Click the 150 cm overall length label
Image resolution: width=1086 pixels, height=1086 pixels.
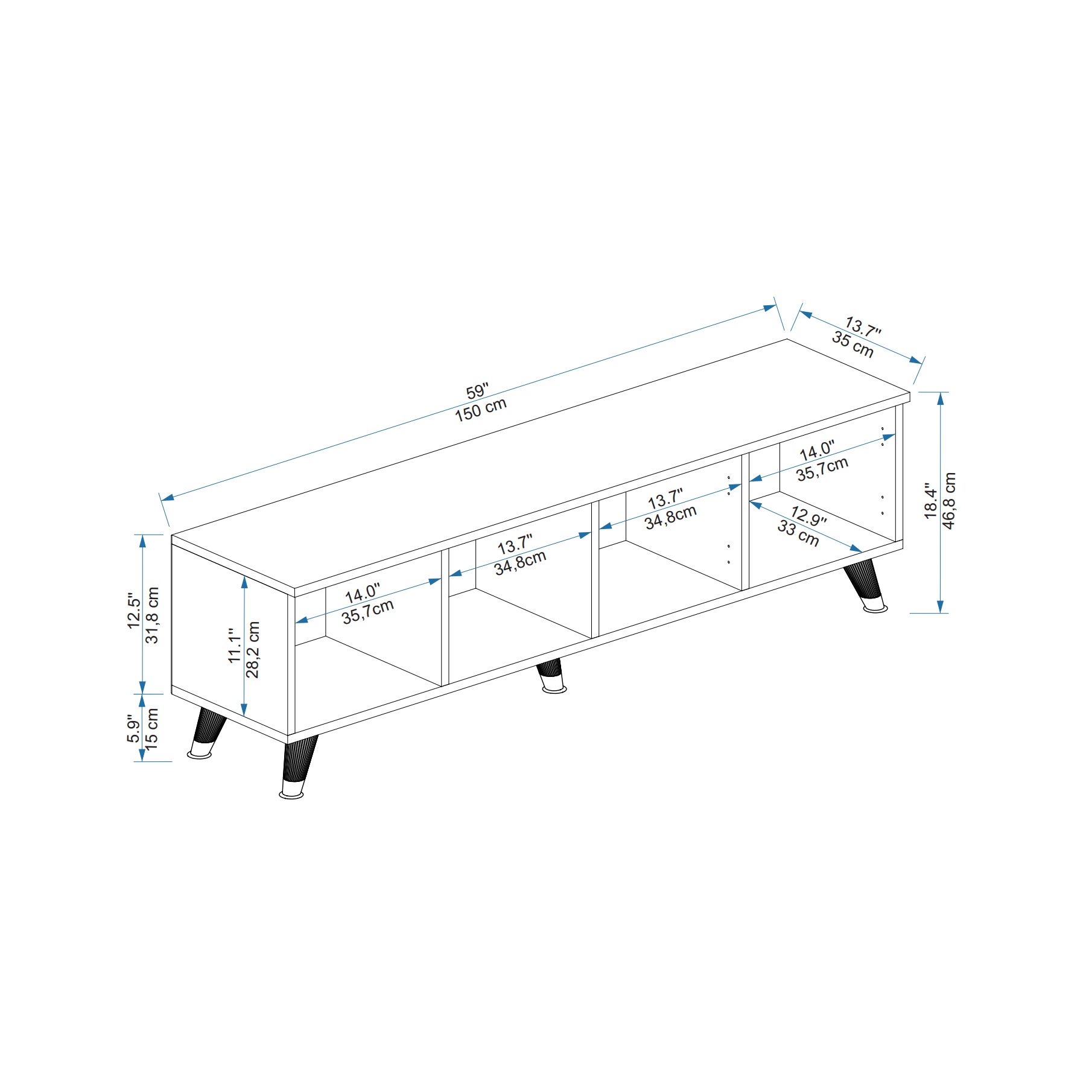pyautogui.click(x=481, y=410)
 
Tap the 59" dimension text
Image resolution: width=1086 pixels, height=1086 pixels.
pyautogui.click(x=477, y=391)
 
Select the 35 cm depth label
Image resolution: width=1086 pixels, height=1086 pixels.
pyautogui.click(x=853, y=344)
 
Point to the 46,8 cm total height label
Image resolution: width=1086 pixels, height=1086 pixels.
pyautogui.click(x=949, y=501)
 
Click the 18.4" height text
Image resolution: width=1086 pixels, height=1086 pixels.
pyautogui.click(x=932, y=501)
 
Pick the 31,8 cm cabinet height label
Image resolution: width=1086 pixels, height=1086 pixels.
pyautogui.click(x=152, y=615)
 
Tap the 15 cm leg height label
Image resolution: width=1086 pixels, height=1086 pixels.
pyautogui.click(x=151, y=729)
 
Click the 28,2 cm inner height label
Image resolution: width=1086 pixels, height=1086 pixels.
pyautogui.click(x=253, y=650)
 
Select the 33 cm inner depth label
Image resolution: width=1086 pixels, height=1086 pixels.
pyautogui.click(x=798, y=534)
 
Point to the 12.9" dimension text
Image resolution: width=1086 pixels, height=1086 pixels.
pyautogui.click(x=808, y=516)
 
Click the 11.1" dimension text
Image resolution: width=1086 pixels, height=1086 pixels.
pyautogui.click(x=235, y=646)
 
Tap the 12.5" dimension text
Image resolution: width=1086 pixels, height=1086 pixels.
pyautogui.click(x=134, y=611)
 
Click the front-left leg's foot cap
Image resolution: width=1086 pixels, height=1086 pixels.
pyautogui.click(x=293, y=792)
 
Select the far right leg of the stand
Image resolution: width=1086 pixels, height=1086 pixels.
pyautogui.click(x=865, y=585)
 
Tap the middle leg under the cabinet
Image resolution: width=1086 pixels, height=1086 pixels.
pyautogui.click(x=551, y=676)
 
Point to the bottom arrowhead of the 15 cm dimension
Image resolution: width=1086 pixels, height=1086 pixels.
pyautogui.click(x=142, y=755)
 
